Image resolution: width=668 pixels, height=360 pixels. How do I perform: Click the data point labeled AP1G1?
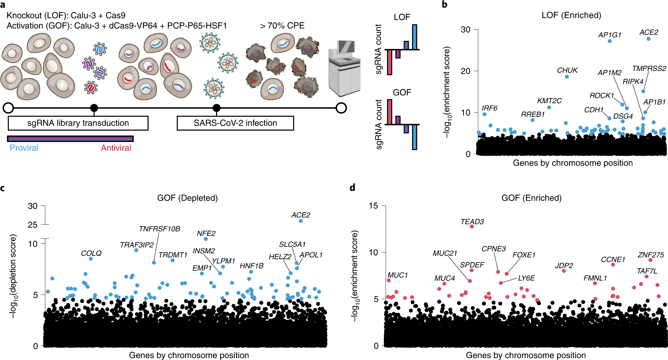click(609, 41)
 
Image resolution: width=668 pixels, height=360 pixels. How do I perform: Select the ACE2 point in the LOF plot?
click(648, 39)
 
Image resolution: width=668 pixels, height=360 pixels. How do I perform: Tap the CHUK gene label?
click(567, 70)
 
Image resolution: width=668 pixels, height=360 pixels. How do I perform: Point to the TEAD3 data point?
click(472, 226)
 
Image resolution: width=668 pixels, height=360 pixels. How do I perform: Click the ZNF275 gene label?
click(651, 255)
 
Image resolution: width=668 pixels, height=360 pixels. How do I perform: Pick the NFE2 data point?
click(206, 239)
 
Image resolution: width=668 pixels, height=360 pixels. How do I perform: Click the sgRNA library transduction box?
click(78, 123)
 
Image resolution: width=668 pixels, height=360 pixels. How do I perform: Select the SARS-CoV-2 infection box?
click(235, 123)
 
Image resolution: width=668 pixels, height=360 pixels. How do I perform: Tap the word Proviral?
click(24, 148)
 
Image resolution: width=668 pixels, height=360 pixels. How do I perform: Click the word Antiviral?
click(116, 148)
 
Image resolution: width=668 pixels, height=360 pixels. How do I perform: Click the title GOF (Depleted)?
click(187, 198)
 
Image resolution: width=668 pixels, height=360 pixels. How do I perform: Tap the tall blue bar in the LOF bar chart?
click(415, 37)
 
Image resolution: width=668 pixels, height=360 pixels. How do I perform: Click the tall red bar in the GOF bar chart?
click(389, 112)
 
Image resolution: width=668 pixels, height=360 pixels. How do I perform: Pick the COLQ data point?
click(91, 259)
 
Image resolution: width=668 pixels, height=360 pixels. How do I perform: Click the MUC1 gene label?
click(398, 275)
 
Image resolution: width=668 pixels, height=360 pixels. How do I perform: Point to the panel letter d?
click(353, 188)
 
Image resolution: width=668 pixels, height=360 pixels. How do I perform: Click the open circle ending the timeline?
click(341, 108)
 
